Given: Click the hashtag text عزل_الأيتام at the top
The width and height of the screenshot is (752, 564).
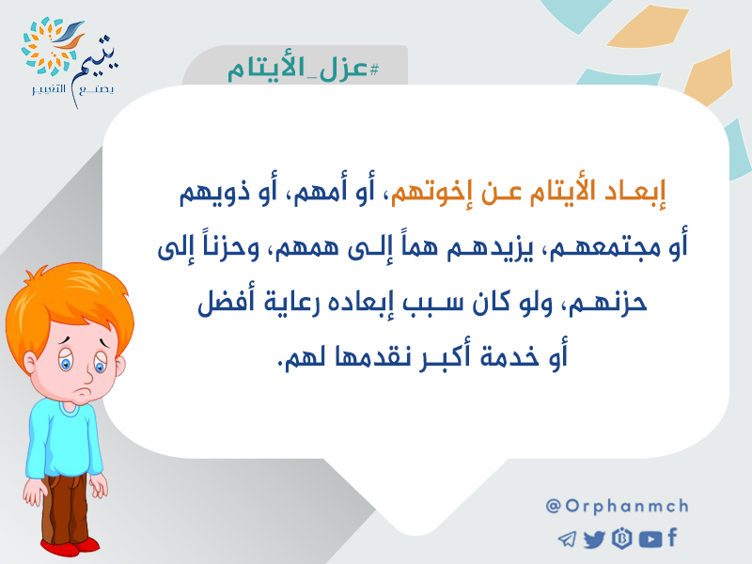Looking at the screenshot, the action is (303, 69).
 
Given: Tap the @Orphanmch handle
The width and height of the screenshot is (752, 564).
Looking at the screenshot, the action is (618, 506).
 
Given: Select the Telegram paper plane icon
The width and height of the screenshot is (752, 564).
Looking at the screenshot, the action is (567, 539).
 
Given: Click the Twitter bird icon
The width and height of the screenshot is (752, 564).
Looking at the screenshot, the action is (594, 539).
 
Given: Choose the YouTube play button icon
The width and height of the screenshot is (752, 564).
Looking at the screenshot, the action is (650, 539).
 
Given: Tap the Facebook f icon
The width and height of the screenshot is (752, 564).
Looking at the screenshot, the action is (672, 537).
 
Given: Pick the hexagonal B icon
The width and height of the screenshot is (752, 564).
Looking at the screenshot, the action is (622, 538).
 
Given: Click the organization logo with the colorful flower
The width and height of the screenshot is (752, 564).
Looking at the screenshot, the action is (70, 62).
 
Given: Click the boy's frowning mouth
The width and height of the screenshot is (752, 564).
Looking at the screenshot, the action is (85, 392).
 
